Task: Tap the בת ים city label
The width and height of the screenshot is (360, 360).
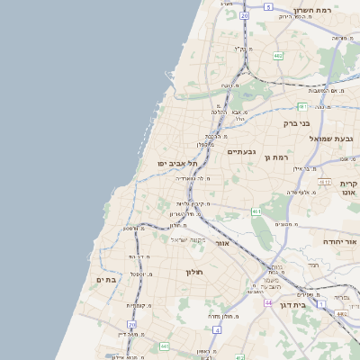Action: (107, 280)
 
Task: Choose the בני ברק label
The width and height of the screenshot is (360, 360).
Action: (296, 122)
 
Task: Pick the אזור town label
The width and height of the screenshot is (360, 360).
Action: (224, 243)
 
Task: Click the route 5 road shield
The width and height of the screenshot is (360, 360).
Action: (268, 7)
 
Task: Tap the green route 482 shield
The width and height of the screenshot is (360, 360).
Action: (278, 56)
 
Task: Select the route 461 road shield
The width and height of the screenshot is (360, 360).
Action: (256, 212)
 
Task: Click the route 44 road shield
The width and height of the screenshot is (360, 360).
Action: (268, 303)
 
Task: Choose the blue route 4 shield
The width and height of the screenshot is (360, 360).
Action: (217, 330)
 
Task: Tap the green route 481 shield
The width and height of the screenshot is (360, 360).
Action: (303, 106)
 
